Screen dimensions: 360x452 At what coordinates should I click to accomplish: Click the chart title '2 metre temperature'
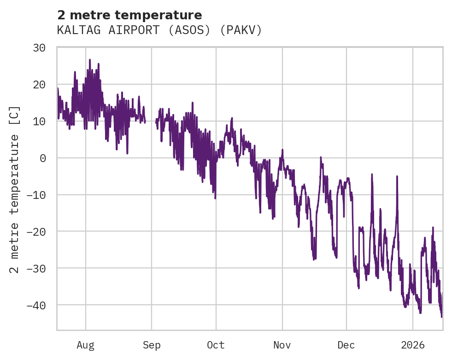tap(129, 15)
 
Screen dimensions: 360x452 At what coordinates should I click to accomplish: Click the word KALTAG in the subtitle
tap(74, 30)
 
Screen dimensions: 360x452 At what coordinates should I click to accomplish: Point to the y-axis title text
tap(15, 189)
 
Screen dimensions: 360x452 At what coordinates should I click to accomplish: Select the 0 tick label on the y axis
tap(42, 158)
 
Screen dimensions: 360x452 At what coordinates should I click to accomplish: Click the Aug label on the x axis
tap(85, 345)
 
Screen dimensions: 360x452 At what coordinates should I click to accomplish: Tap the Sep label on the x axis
tap(152, 345)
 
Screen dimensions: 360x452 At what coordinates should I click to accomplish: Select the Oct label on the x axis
tap(216, 345)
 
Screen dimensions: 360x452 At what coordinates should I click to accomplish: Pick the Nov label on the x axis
tap(282, 345)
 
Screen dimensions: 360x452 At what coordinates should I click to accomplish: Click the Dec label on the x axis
tap(346, 345)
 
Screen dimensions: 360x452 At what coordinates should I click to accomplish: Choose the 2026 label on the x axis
tap(412, 345)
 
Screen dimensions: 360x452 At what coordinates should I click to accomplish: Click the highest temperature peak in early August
tap(90, 60)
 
